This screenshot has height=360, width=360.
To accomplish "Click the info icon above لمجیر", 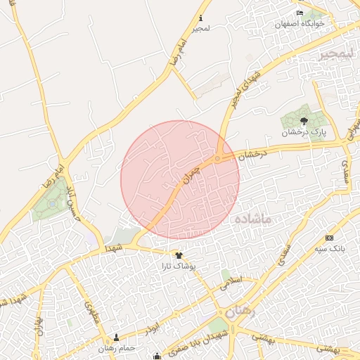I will (202, 18).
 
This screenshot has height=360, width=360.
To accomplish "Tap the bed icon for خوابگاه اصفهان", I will (300, 13).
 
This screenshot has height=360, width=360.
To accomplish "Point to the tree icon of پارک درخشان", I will (303, 120).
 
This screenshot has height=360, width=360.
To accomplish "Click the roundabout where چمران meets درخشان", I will (218, 159).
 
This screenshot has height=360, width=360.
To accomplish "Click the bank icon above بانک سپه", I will (328, 238).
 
